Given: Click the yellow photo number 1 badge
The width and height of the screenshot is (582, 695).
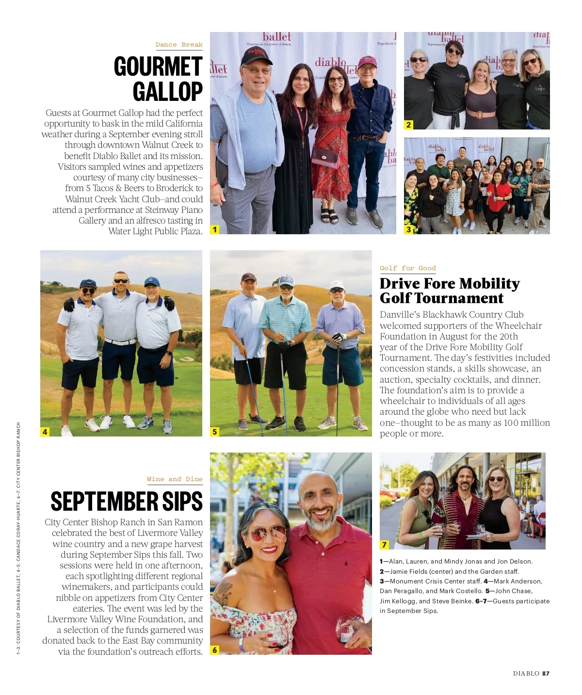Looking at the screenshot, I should click(215, 229).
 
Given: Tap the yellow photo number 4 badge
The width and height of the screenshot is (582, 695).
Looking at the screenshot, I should click(45, 432).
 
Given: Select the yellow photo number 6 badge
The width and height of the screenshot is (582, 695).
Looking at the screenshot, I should click(215, 650).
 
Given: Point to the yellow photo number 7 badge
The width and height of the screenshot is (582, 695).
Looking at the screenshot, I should click(385, 545).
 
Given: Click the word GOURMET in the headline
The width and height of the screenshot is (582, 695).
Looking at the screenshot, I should click(158, 66).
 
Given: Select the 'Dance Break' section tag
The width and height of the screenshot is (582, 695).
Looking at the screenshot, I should click(179, 45).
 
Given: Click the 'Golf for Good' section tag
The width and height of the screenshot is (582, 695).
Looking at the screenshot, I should click(407, 268).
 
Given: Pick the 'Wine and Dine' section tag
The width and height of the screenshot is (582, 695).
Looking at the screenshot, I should click(175, 479).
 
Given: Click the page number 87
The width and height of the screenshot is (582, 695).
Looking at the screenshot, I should click(546, 673).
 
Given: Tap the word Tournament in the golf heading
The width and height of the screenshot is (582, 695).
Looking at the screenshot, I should click(442, 298).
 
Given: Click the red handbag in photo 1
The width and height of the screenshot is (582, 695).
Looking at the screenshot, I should click(325, 157).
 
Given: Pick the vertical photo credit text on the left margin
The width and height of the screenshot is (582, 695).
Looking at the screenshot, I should click(18, 538).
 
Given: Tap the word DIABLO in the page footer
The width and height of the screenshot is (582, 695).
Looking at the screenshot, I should click(526, 673).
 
